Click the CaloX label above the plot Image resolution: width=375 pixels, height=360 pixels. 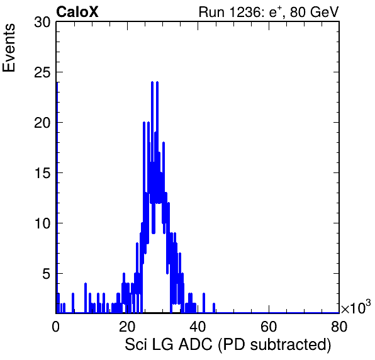(77, 12)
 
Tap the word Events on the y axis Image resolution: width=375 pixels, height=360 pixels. (9, 48)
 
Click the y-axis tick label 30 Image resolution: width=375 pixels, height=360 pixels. (42, 23)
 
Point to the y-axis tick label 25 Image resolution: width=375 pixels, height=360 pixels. (42, 72)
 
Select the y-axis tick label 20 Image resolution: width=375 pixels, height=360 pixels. (42, 123)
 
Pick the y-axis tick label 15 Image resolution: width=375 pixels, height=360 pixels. (42, 173)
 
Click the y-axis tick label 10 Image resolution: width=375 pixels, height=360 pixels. (42, 223)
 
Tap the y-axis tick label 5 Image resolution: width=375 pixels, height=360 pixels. (47, 274)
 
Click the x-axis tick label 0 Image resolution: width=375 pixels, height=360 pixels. (56, 326)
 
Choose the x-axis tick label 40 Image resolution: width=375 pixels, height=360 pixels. (198, 326)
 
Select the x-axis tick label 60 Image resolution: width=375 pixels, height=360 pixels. (269, 326)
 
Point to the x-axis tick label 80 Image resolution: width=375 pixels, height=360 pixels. (339, 326)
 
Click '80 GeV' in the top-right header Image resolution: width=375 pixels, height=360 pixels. (315, 12)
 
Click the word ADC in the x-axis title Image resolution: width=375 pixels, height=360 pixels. (196, 344)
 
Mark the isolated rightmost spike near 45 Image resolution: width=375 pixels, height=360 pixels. (214, 308)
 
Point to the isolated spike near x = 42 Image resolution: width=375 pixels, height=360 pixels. (204, 303)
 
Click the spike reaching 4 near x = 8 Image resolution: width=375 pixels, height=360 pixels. (86, 298)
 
